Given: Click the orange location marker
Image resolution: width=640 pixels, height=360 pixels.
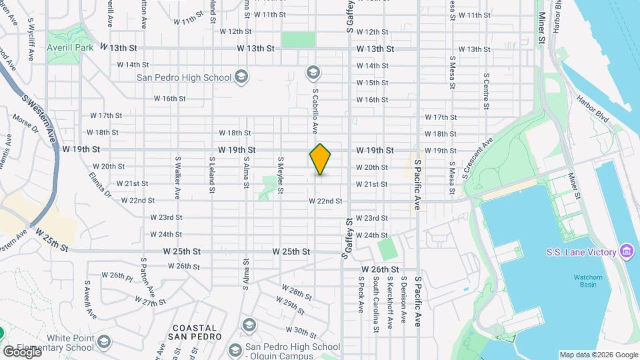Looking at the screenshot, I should click(x=321, y=159).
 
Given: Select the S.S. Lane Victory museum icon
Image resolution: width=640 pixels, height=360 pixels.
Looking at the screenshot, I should click(x=626, y=251).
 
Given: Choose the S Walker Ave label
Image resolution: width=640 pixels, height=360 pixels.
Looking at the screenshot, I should click(x=178, y=177).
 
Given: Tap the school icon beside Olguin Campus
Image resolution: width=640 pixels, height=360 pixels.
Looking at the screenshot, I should click(x=235, y=349).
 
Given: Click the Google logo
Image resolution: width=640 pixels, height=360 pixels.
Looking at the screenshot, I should click(x=22, y=351).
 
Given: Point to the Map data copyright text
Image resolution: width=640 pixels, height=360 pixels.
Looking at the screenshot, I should click(x=598, y=355).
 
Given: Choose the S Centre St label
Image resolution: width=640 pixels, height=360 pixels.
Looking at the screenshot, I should click(x=487, y=91).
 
